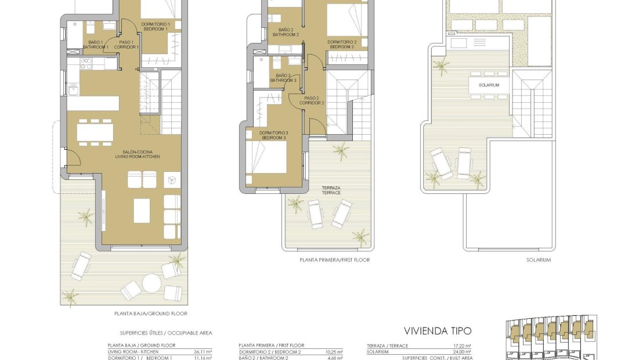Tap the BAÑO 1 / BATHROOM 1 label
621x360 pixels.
[x=95, y=44]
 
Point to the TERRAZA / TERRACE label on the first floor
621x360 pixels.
[x=331, y=190]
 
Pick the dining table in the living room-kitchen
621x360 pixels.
[x=95, y=132]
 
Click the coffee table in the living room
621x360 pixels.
[x=142, y=210]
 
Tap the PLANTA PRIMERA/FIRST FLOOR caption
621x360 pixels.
[x=334, y=260]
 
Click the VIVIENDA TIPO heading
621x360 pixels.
[x=439, y=331]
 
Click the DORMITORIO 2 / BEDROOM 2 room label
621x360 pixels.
[x=342, y=44]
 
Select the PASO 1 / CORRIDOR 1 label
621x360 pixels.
[x=127, y=44]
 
